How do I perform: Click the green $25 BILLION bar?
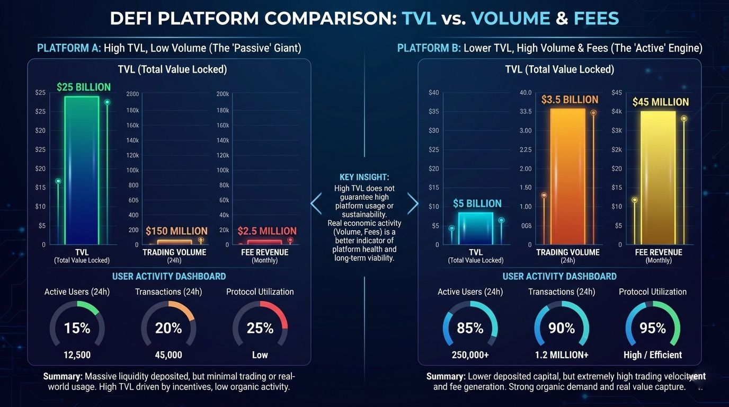click(x=82, y=170)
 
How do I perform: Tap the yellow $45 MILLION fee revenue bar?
click(x=658, y=178)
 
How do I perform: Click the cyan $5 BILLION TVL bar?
click(x=475, y=228)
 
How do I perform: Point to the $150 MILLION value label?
click(x=176, y=231)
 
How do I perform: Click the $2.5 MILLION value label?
click(x=267, y=231)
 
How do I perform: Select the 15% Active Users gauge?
click(x=77, y=328)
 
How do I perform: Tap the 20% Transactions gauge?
click(x=168, y=328)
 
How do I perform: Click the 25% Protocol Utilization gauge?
click(x=260, y=328)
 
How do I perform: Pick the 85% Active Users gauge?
click(x=470, y=328)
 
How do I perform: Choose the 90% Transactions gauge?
click(x=562, y=328)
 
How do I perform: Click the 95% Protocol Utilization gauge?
click(x=653, y=328)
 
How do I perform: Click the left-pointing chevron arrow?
click(x=316, y=203)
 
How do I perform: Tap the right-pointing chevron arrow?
click(x=413, y=203)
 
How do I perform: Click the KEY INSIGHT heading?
click(x=364, y=178)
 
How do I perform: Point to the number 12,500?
click(x=77, y=355)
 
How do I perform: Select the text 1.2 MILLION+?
click(x=562, y=355)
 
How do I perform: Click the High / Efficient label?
click(x=653, y=355)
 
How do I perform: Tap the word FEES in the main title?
click(x=596, y=19)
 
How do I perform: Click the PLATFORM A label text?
click(x=69, y=48)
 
